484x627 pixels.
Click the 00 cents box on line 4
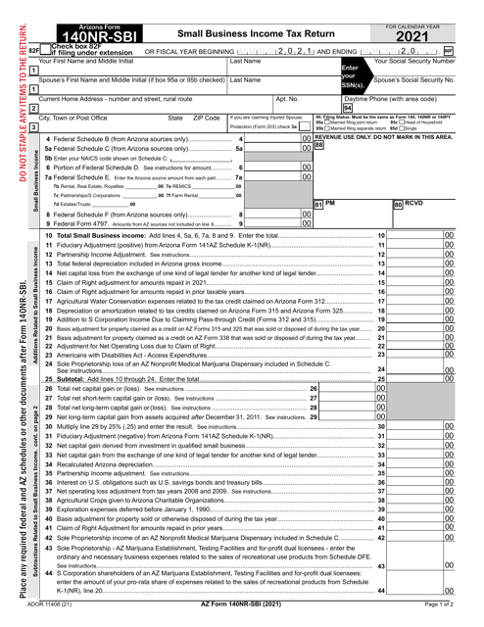tap(306, 140)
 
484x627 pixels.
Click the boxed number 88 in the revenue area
tap(319, 144)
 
